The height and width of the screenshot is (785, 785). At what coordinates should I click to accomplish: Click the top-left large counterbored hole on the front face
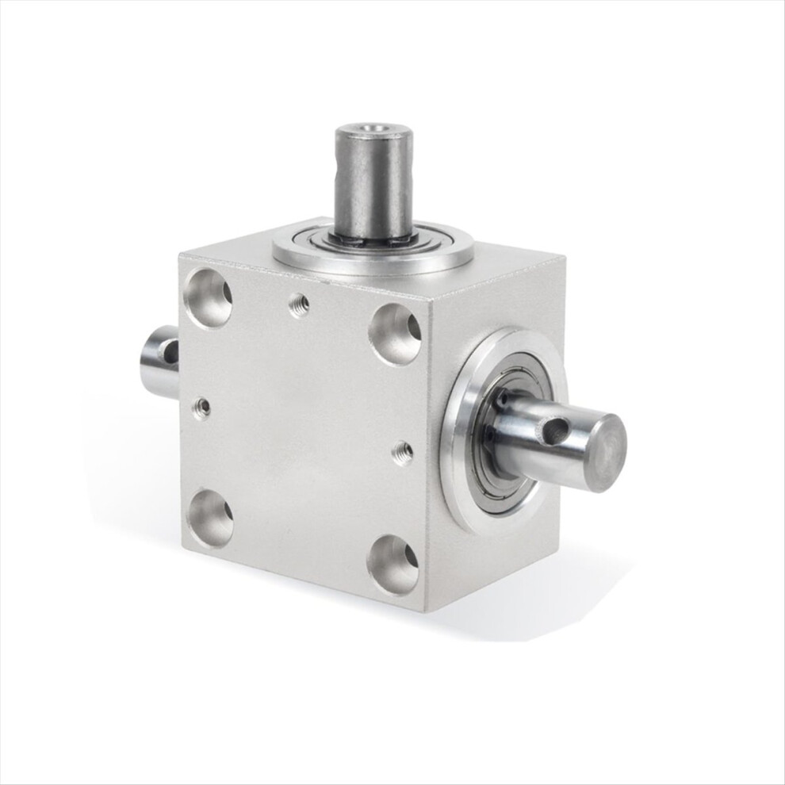pos(208,297)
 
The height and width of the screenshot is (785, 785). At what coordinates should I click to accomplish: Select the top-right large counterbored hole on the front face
pos(394,333)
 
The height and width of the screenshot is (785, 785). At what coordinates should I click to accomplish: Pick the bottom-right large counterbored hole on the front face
pos(394,565)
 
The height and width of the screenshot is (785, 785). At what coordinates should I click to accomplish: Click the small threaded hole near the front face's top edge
pos(299,304)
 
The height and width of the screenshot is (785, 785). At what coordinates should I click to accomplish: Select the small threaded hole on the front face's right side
pos(403,453)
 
